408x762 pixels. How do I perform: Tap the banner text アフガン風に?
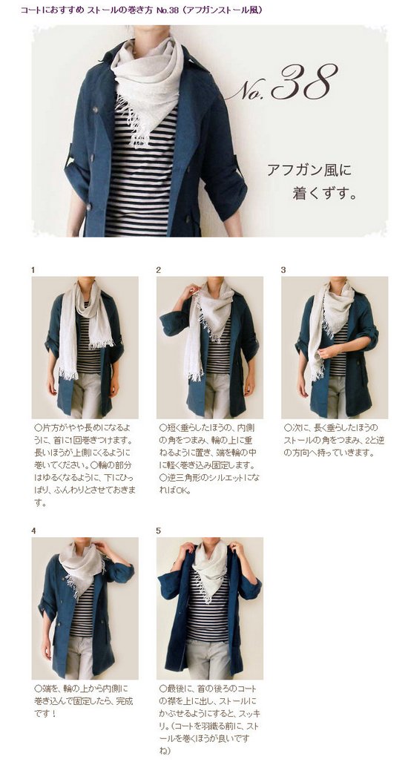click(x=309, y=171)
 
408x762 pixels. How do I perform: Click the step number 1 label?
click(x=33, y=270)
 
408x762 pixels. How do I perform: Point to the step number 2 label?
click(x=158, y=270)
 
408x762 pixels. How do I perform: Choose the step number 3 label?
click(x=283, y=270)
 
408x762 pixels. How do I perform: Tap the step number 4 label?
click(x=33, y=531)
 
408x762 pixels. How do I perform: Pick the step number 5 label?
click(x=158, y=531)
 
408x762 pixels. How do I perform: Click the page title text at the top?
click(x=142, y=10)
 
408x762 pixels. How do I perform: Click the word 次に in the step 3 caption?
click(x=299, y=427)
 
